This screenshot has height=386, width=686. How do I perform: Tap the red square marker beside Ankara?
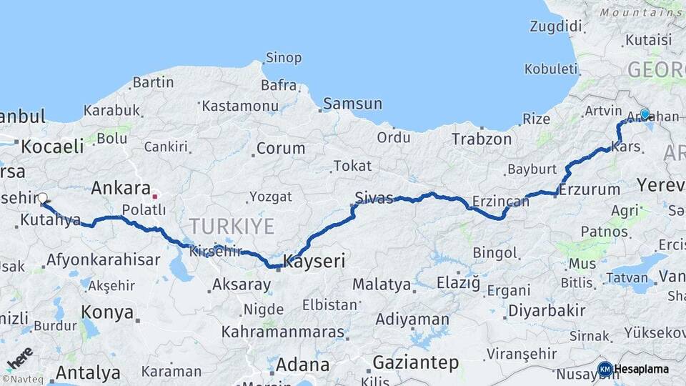[x=155, y=195]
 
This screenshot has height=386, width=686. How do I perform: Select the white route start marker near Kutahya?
[x=42, y=198]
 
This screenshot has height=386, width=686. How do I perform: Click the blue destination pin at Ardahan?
[x=645, y=114]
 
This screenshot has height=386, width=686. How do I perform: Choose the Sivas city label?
[x=374, y=198]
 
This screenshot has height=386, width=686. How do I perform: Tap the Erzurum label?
[x=590, y=189]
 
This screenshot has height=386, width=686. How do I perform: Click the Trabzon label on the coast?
[x=482, y=139]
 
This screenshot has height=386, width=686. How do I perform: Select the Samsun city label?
[x=352, y=104]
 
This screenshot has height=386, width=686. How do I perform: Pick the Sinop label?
[x=284, y=58]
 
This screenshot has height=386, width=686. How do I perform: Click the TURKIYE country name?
[x=232, y=227]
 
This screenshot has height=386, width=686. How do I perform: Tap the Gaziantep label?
[x=416, y=363]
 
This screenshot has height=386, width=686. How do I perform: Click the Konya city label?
[x=107, y=312]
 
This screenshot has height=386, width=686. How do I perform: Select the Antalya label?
[x=88, y=373]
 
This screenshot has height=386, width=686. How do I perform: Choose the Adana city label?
[x=302, y=365]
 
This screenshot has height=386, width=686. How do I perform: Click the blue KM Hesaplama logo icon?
[x=605, y=369]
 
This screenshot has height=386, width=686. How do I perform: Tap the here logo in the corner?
[x=20, y=357]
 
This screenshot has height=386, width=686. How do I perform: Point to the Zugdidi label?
[x=556, y=26]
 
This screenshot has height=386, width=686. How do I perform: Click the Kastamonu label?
[x=240, y=106]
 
